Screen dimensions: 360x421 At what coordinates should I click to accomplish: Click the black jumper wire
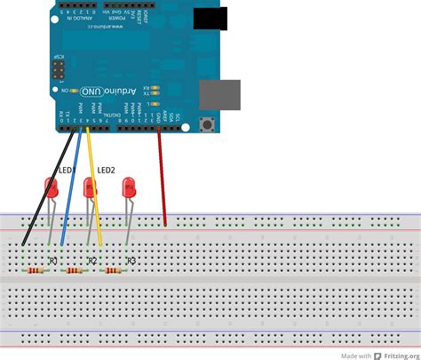point(44,187)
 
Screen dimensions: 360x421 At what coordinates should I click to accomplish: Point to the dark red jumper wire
point(162,178)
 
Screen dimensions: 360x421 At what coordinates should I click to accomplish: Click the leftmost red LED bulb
point(52,187)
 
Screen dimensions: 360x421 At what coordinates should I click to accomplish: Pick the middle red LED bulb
point(89,188)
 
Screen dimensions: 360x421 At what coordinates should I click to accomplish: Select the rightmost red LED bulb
point(130,188)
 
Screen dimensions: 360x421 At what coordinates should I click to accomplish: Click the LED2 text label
point(107,169)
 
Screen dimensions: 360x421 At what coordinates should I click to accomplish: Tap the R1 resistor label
point(52,261)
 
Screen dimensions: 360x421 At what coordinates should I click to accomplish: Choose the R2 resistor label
point(91,261)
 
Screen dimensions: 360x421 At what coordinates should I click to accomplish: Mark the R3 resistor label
point(131,261)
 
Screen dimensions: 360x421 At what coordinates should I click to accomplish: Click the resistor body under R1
point(36,270)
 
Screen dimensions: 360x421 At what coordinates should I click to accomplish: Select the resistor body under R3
point(115,270)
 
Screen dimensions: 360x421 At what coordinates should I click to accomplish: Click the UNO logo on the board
point(91,92)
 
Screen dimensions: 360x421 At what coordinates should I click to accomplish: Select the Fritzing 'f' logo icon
point(377,353)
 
